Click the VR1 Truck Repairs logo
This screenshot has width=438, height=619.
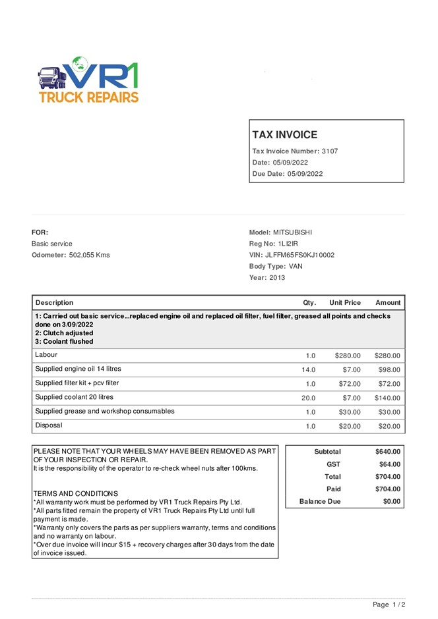pyautogui.click(x=88, y=80)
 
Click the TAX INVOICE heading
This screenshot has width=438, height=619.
pyautogui.click(x=284, y=135)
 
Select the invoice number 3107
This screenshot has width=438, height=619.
pyautogui.click(x=330, y=151)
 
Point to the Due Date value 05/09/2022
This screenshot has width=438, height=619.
pyautogui.click(x=305, y=174)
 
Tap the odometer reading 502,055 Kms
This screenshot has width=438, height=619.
pyautogui.click(x=90, y=255)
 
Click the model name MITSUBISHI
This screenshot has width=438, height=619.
pyautogui.click(x=293, y=232)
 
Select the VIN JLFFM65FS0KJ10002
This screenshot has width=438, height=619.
pyautogui.click(x=300, y=255)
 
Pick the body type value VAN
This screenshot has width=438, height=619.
pyautogui.click(x=296, y=266)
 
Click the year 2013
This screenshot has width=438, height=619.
pyautogui.click(x=278, y=278)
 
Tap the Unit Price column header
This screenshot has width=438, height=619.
pyautogui.click(x=345, y=303)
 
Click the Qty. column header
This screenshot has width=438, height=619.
pyautogui.click(x=309, y=303)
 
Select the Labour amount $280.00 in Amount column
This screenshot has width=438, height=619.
pyautogui.click(x=387, y=356)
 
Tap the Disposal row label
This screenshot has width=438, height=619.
pyautogui.click(x=49, y=425)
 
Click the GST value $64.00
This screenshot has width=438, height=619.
pyautogui.click(x=388, y=464)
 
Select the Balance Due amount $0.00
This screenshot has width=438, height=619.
pyautogui.click(x=391, y=502)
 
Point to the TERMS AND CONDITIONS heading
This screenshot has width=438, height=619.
pyautogui.click(x=75, y=493)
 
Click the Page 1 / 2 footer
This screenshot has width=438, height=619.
pyautogui.click(x=389, y=605)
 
